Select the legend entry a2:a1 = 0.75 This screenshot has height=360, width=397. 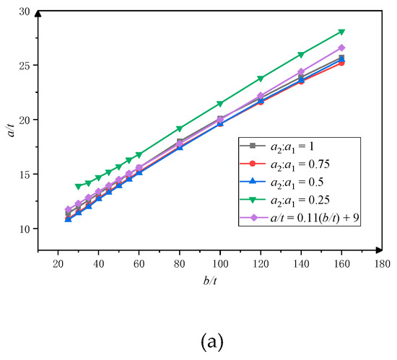click(288, 165)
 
